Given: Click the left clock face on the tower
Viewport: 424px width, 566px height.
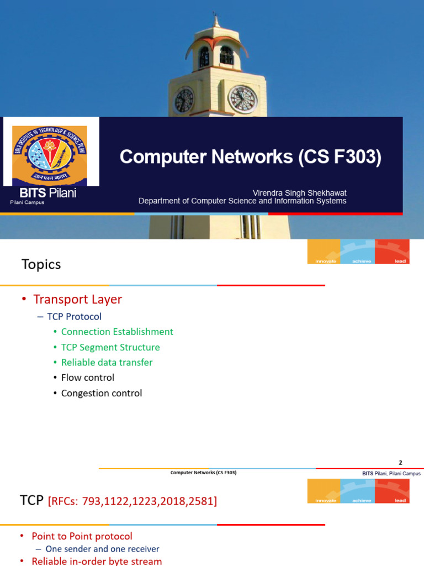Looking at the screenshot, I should [x=184, y=100].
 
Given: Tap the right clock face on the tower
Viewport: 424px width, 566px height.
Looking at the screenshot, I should [x=243, y=99].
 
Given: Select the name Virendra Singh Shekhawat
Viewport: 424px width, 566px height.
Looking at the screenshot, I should [x=299, y=193].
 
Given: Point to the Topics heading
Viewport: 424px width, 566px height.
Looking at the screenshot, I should [x=41, y=264].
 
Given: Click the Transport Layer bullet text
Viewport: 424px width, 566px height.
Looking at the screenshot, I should [x=77, y=300].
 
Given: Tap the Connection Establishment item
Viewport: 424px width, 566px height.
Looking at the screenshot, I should [x=117, y=332].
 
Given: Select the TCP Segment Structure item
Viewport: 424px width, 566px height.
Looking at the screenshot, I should [x=110, y=347].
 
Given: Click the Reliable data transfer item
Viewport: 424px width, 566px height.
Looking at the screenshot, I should [x=107, y=363].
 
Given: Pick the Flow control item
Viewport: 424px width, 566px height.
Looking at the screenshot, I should [x=88, y=378].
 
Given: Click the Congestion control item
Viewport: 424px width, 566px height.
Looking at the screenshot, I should [x=102, y=393].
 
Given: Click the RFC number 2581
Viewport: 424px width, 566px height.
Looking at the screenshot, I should [x=202, y=501].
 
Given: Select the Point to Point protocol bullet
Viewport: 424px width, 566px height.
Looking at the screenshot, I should [x=82, y=536].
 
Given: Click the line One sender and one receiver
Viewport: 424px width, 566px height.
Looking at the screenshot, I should [x=102, y=549].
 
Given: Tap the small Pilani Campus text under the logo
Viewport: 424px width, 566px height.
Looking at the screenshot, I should [x=27, y=203].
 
